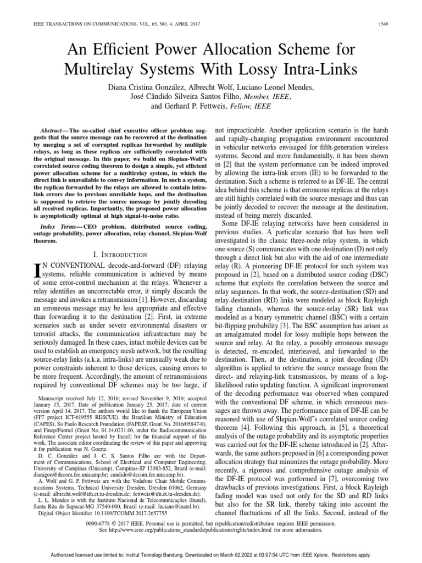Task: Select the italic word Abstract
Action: point(48,126)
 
